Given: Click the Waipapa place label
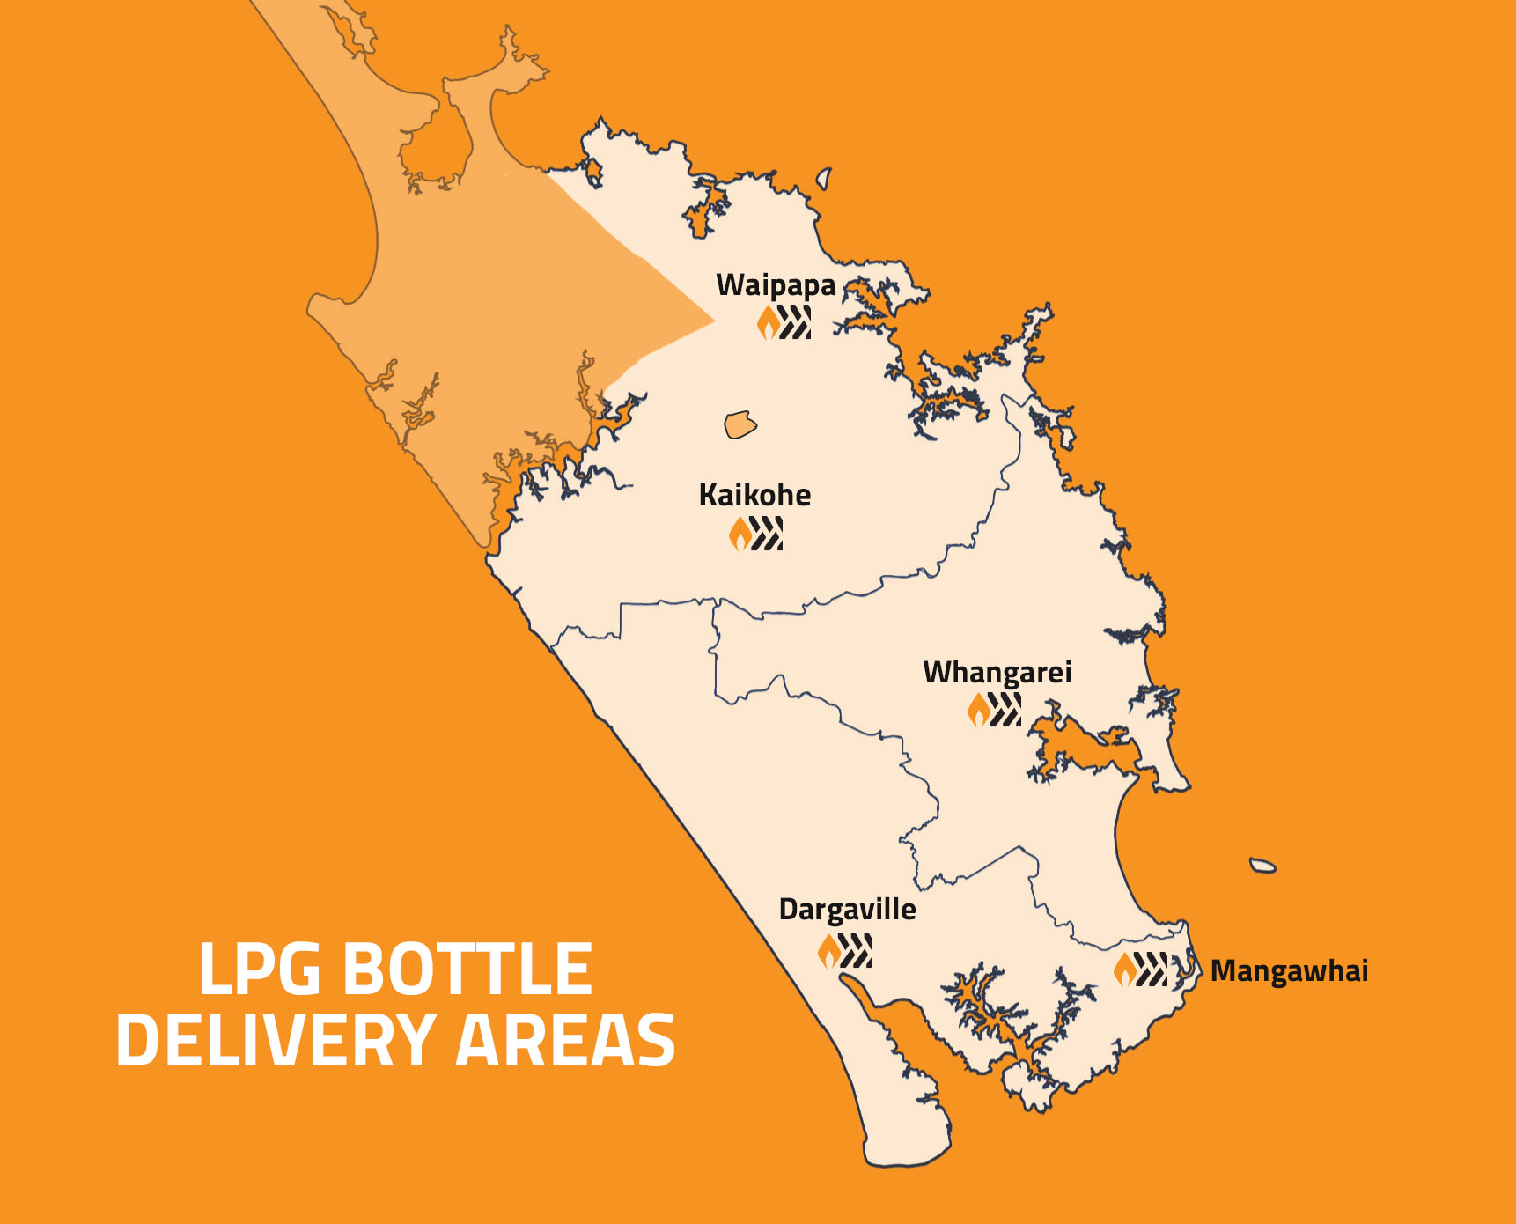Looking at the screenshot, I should tap(776, 285).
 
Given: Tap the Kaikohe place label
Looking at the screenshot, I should tap(754, 495).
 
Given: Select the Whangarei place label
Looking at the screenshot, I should tap(997, 673).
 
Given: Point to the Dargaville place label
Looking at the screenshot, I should tap(847, 910).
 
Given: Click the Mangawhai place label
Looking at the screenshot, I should tap(1289, 971).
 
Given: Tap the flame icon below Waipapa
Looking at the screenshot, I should tap(769, 323).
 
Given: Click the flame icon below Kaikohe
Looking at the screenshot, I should tap(740, 534).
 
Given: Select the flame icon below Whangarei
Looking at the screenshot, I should tap(978, 710).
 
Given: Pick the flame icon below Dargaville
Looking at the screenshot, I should tap(829, 951).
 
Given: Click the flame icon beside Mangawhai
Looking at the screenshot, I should tap(1125, 970).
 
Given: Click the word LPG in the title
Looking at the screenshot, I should tap(260, 970).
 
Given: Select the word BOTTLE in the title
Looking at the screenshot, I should tap(467, 970).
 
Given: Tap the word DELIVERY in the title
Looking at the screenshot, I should tap(276, 1041).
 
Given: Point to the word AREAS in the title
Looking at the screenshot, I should tap(565, 1041).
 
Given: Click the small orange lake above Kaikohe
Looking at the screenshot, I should tap(740, 424).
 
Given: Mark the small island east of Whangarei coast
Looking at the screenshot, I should tap(1262, 866).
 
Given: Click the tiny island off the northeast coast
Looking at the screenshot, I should tap(824, 180).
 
